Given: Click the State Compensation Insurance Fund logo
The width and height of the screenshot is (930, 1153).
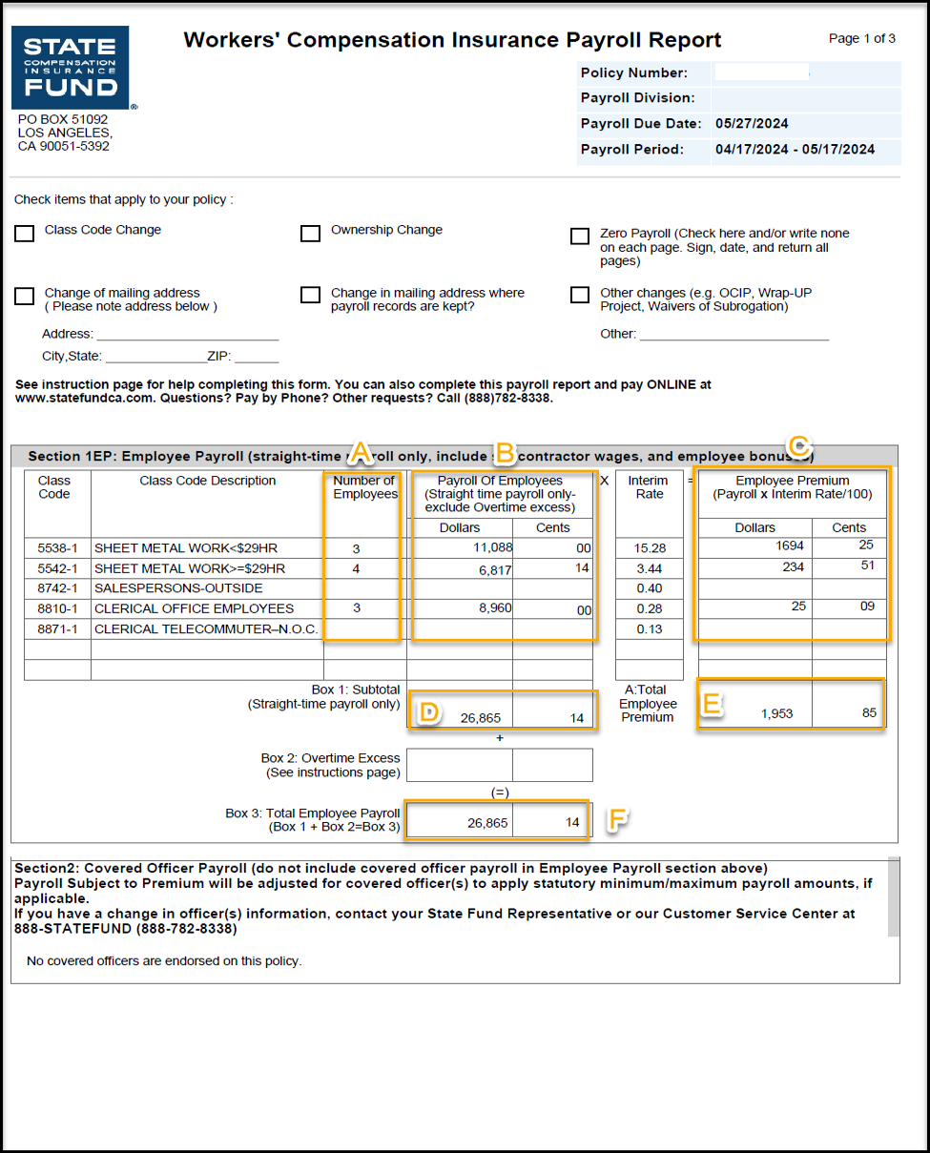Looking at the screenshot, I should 70,68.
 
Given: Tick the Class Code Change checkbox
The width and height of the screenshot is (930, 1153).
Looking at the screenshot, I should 25,234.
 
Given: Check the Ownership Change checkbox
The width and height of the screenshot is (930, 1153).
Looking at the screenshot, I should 310,234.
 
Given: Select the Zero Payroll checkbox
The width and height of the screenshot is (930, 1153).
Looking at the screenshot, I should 580,237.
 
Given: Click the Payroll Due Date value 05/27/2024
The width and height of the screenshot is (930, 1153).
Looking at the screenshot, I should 752,124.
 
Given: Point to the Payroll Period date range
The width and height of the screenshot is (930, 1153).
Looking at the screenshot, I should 795,150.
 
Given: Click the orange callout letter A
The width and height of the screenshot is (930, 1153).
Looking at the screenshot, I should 362,453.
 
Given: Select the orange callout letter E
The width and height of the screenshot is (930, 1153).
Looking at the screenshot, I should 711,704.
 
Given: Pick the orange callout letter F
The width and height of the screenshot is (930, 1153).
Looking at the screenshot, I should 617,819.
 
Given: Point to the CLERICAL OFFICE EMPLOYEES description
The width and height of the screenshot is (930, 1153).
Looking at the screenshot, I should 194,608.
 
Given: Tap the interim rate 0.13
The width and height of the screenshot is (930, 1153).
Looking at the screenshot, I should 650,628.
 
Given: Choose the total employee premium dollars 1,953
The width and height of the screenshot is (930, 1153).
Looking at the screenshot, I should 776,713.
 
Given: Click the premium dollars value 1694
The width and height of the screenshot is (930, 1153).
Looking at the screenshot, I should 790,546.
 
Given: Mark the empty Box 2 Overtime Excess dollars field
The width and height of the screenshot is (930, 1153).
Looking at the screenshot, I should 460,765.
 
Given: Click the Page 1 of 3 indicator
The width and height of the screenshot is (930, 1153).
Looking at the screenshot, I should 861,39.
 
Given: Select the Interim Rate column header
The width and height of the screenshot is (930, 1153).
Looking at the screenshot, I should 648,487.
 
